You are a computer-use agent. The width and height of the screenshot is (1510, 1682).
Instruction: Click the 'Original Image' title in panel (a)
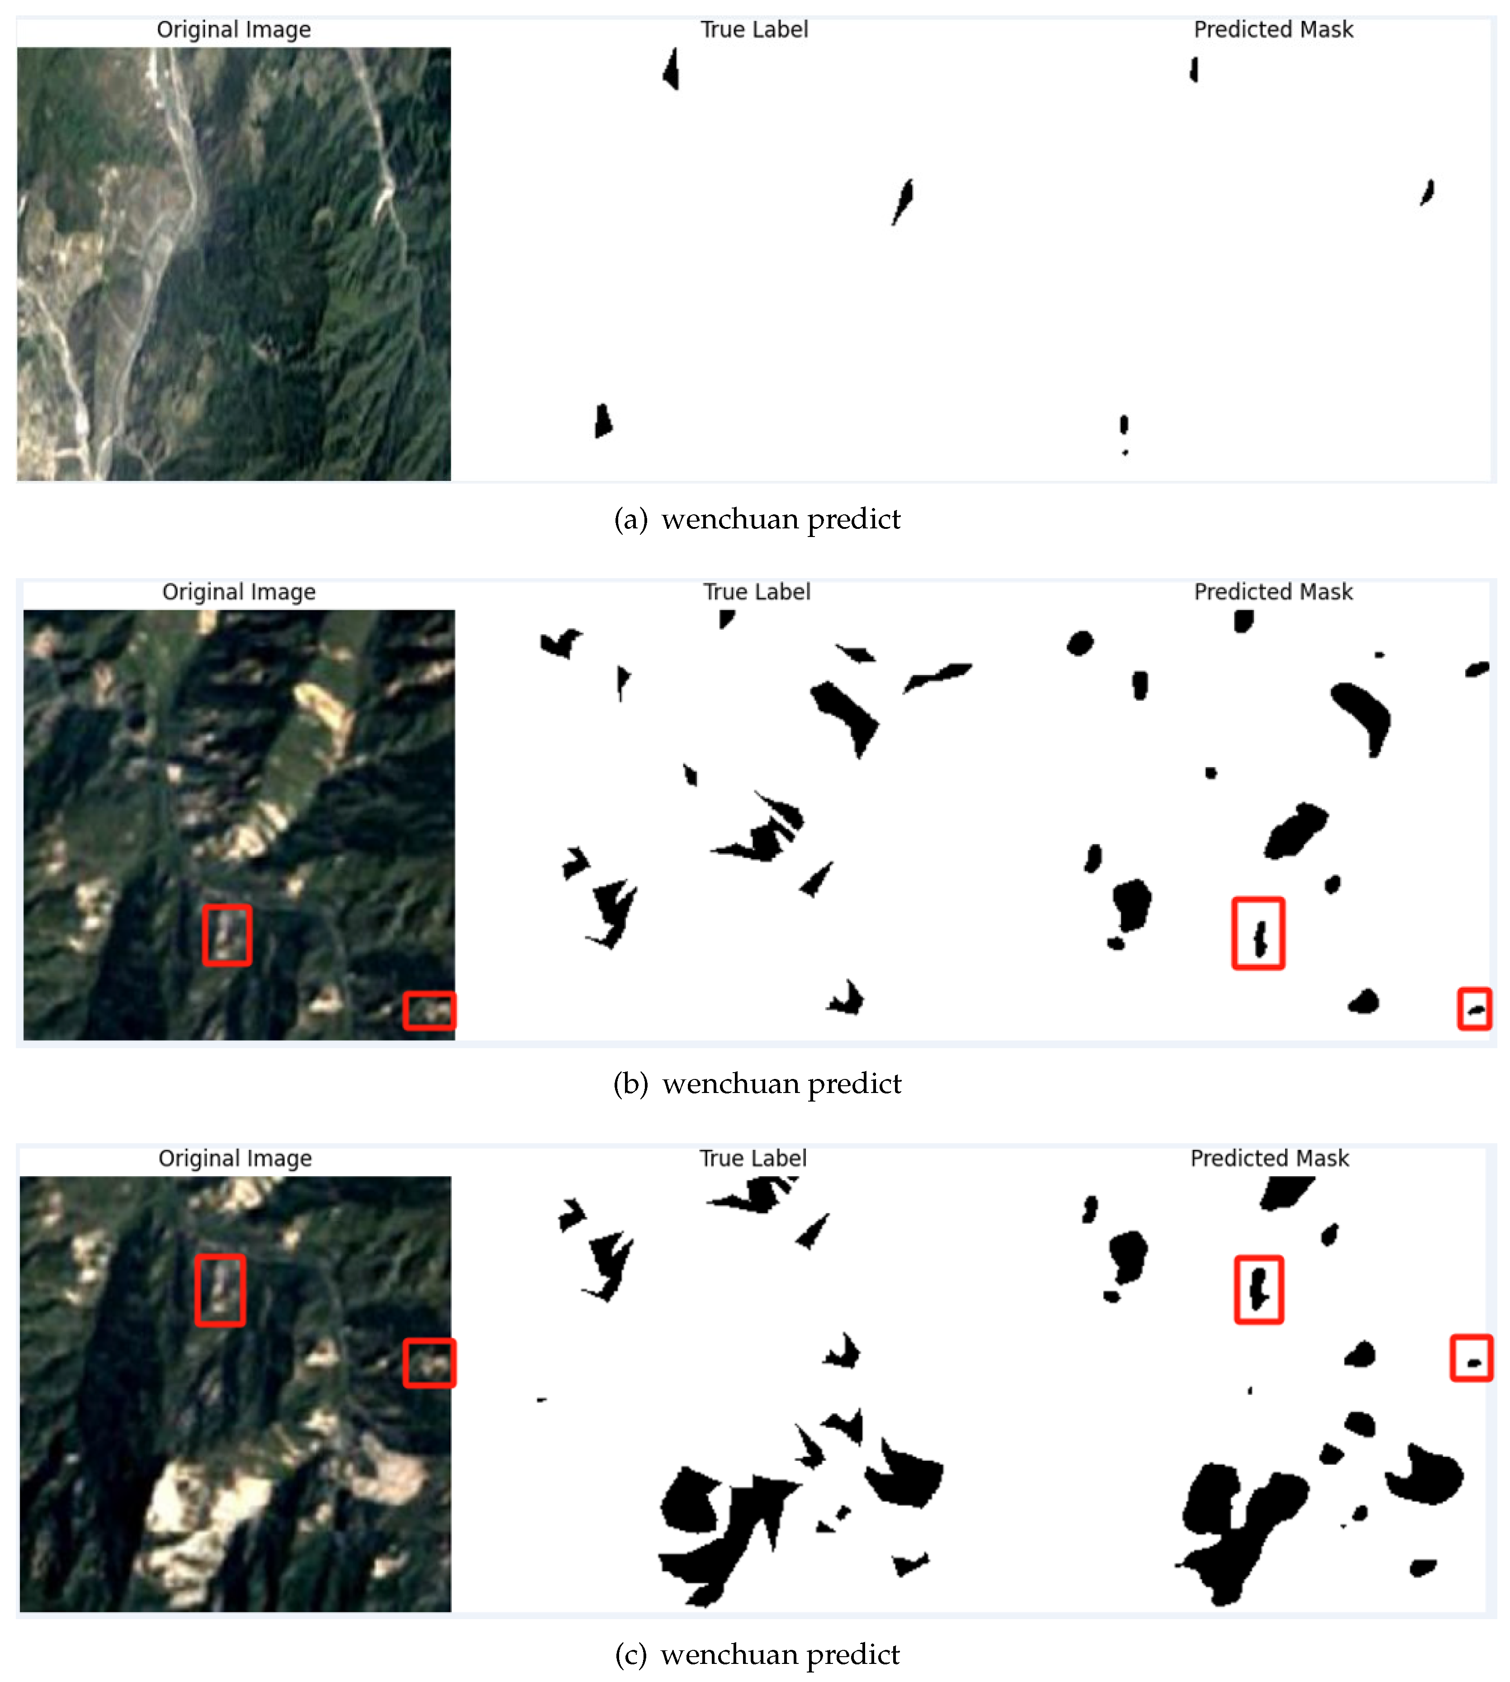pyautogui.click(x=234, y=30)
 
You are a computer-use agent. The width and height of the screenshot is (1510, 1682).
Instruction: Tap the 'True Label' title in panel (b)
pyautogui.click(x=757, y=592)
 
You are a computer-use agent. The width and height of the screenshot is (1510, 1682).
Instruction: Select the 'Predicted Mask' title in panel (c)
pyautogui.click(x=1269, y=1159)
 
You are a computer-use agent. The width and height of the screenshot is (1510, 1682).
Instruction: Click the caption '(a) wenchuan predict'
pyautogui.click(x=757, y=519)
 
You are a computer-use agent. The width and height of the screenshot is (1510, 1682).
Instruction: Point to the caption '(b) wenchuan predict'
pyautogui.click(x=757, y=1084)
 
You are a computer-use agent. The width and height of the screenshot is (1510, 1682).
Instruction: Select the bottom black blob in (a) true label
pyautogui.click(x=603, y=421)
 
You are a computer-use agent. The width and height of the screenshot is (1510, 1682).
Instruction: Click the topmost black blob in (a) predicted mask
pyautogui.click(x=1194, y=70)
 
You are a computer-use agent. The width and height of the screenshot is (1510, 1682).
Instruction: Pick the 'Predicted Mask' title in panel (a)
pyautogui.click(x=1273, y=30)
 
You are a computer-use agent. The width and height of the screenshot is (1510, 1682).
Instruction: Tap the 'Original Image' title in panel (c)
pyautogui.click(x=236, y=1159)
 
